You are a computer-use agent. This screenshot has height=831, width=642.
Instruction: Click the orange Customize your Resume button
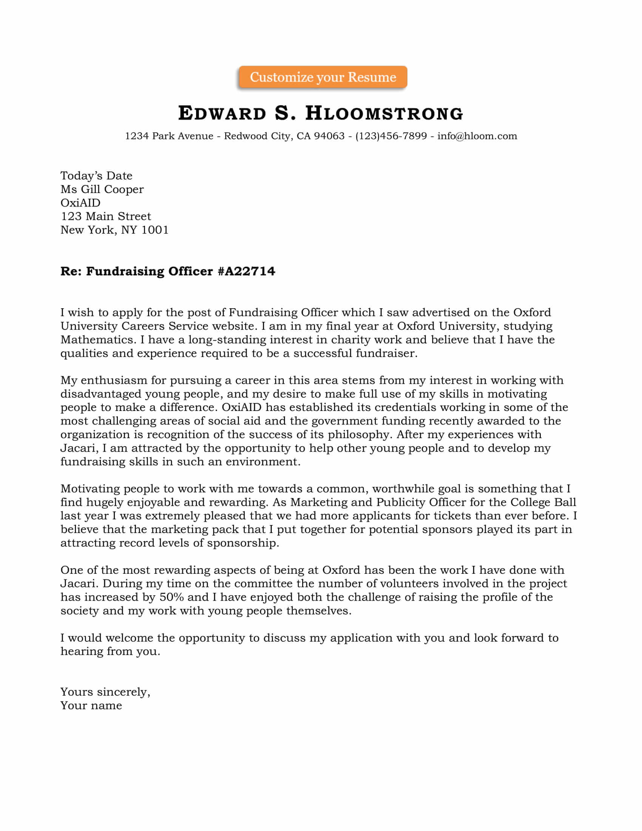click(x=323, y=77)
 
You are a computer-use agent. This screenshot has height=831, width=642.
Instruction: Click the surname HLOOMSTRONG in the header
click(x=384, y=113)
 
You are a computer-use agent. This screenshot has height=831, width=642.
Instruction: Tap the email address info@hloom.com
click(x=477, y=136)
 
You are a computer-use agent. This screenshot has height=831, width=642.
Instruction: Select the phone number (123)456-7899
click(x=391, y=136)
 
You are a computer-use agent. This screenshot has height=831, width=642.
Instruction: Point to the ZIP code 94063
click(x=329, y=136)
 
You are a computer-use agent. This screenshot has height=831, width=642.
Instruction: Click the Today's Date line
click(x=96, y=176)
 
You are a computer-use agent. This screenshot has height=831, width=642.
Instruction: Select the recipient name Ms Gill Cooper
click(x=102, y=190)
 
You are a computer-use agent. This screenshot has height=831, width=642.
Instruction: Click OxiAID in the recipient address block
click(x=80, y=203)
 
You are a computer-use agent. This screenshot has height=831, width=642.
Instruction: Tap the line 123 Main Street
click(x=106, y=216)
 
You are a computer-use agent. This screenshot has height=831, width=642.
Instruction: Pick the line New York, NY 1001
click(x=114, y=230)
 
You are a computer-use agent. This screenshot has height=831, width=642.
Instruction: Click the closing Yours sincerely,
click(x=105, y=692)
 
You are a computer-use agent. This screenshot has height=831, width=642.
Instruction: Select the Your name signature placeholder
click(x=91, y=706)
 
